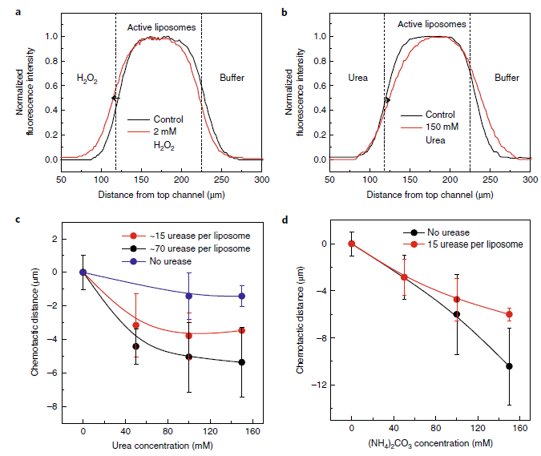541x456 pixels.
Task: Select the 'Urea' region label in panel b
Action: coord(357,78)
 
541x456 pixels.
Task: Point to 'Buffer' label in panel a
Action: coord(232,78)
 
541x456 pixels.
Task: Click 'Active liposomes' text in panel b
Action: coord(432,25)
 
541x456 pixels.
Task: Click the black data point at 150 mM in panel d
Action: coord(509,366)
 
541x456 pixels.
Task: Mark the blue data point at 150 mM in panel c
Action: coord(242,296)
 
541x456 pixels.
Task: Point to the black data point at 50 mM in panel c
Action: coord(135,347)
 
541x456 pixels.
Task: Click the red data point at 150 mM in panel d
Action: coord(509,314)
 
